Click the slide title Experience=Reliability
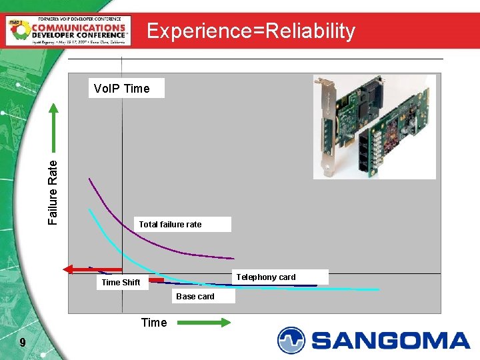pos(251,31)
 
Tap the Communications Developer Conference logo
pos(67,31)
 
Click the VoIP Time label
pos(121,88)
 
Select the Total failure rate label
pos(170,225)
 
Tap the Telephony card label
pos(266,277)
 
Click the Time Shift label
pos(121,283)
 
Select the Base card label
pos(195,297)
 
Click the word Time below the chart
pos(154,323)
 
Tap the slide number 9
pos(23,343)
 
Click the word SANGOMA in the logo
pos(391,341)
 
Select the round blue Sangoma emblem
pos(291,340)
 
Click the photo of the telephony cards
pos(374,127)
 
